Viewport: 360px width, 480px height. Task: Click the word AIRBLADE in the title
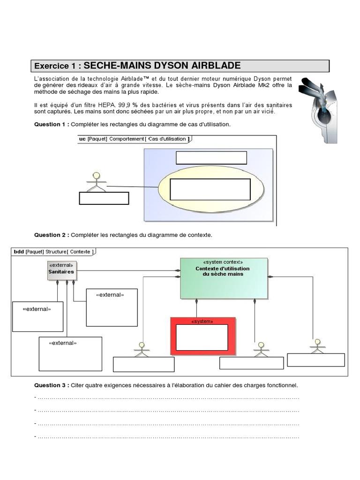214,66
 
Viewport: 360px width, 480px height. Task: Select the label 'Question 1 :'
52,125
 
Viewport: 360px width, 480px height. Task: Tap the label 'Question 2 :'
52,234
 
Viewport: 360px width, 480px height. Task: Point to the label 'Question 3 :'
52,385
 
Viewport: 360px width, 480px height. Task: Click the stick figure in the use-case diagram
97,182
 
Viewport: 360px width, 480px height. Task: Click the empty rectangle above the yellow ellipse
211,157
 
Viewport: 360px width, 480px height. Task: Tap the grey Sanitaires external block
62,270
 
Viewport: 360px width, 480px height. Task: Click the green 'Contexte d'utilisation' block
224,278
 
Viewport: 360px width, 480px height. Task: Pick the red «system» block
202,335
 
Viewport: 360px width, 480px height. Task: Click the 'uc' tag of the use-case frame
82,139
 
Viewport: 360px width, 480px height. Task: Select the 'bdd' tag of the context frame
19,252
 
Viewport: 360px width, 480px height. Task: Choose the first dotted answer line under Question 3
167,398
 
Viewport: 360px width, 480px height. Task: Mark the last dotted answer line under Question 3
167,436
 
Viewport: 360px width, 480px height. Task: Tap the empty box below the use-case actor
104,198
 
